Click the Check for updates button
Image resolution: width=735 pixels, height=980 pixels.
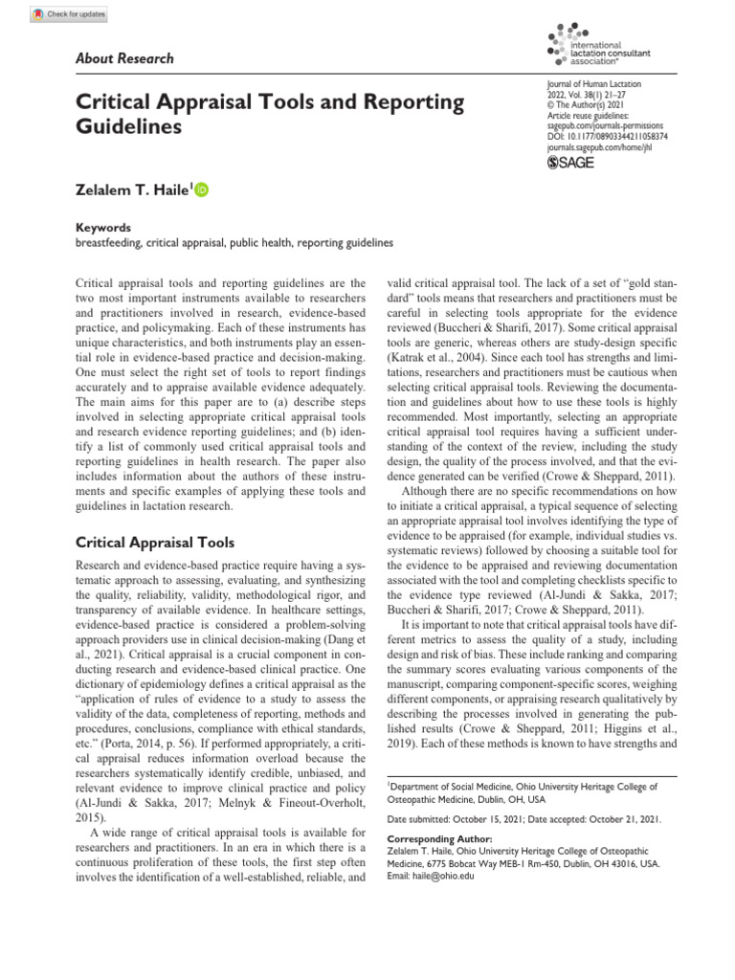click(69, 14)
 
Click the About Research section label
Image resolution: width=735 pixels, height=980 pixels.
click(124, 58)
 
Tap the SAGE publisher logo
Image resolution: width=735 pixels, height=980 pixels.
click(570, 163)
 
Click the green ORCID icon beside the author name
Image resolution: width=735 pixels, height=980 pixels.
click(202, 190)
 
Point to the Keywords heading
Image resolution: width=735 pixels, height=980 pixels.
click(102, 229)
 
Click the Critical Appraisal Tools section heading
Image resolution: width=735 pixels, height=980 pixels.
click(154, 542)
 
